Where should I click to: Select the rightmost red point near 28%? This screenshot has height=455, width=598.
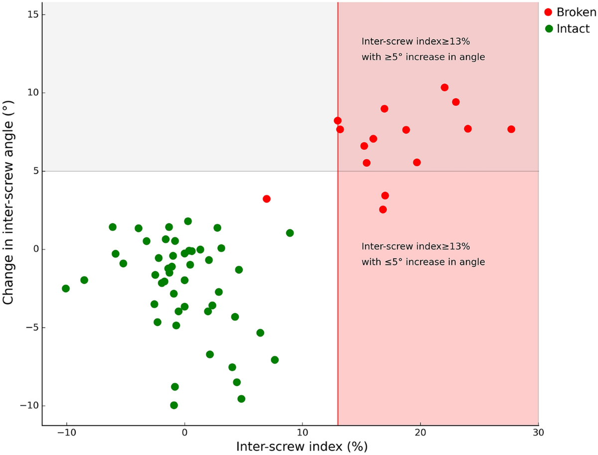click(x=511, y=129)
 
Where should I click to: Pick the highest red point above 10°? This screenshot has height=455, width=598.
click(x=445, y=88)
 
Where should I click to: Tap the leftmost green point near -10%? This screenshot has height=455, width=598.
click(x=66, y=289)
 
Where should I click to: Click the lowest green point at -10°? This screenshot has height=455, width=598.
click(x=174, y=405)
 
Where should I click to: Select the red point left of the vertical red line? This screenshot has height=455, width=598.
click(x=267, y=199)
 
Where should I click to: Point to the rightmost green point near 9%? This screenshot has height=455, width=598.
click(x=290, y=233)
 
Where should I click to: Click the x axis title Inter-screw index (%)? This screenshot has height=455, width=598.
click(x=302, y=446)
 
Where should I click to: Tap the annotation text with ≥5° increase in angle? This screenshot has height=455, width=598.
click(x=423, y=57)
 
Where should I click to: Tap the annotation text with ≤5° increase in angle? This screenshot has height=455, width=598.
click(x=423, y=262)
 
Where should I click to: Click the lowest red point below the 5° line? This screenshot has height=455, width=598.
click(x=383, y=210)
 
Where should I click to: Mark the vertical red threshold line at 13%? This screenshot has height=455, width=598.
click(x=338, y=299)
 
